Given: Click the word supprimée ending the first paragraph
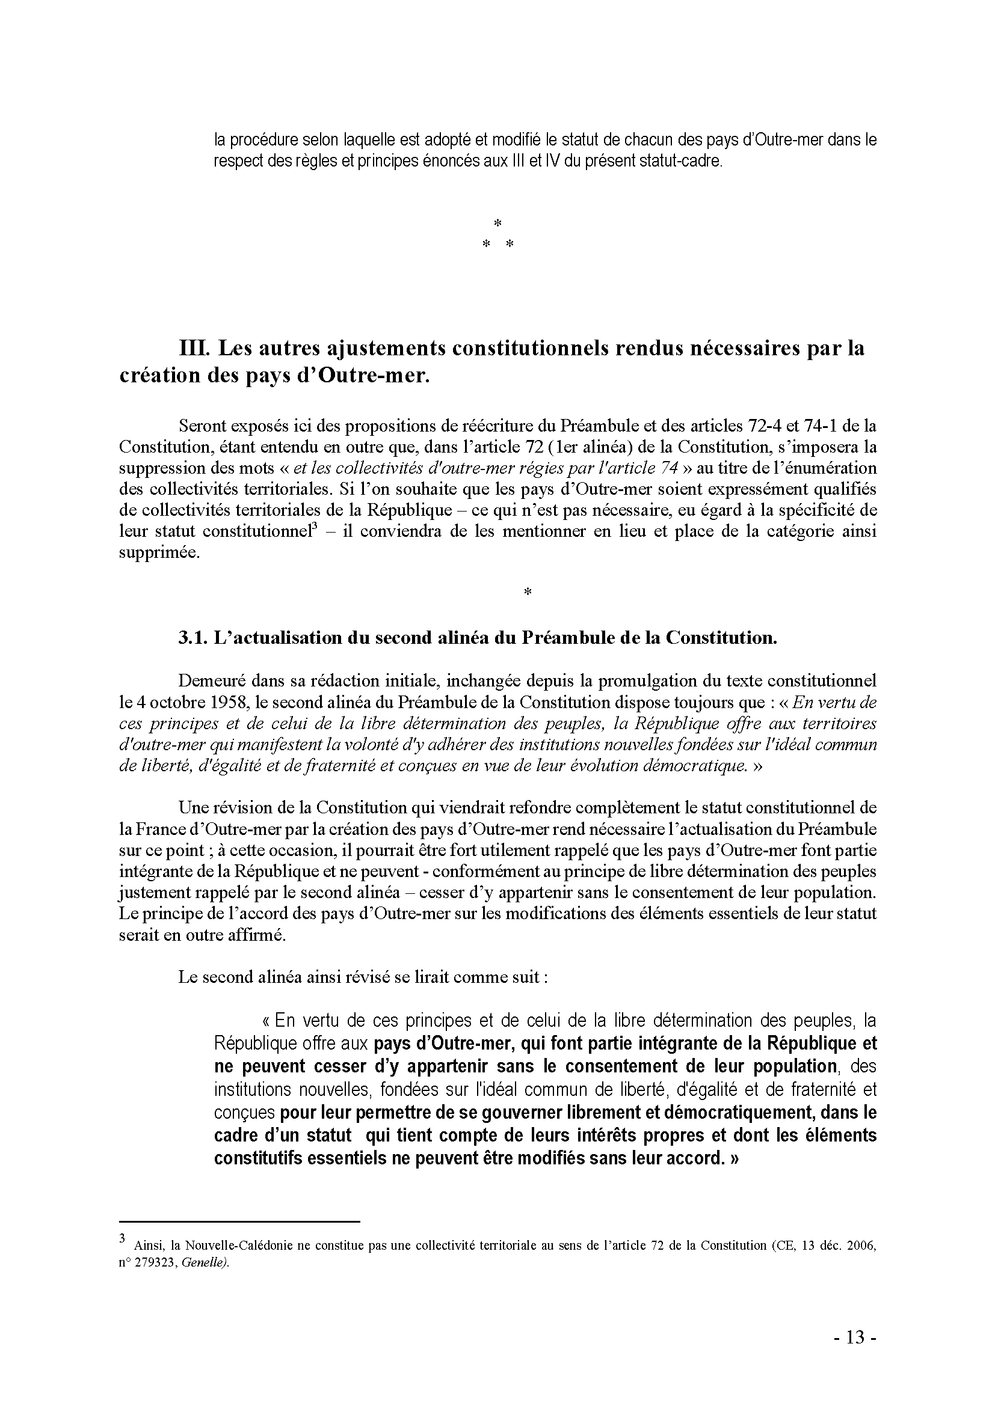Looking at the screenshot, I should pos(159,553).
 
